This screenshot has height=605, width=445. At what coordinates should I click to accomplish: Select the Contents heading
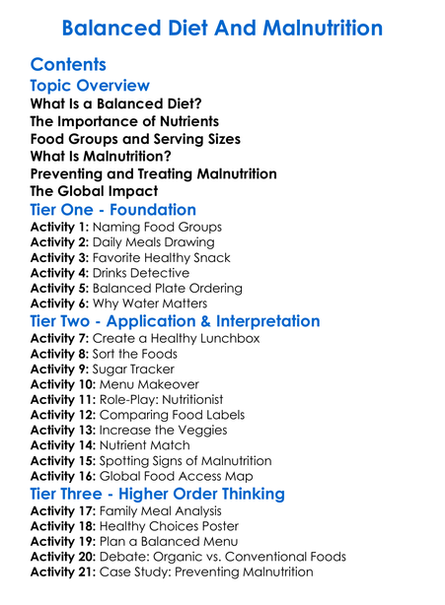coord(77,65)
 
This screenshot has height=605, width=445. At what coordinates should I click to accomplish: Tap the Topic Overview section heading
coord(90,86)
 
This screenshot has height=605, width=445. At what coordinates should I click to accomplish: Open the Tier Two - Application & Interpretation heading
coord(175,322)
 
